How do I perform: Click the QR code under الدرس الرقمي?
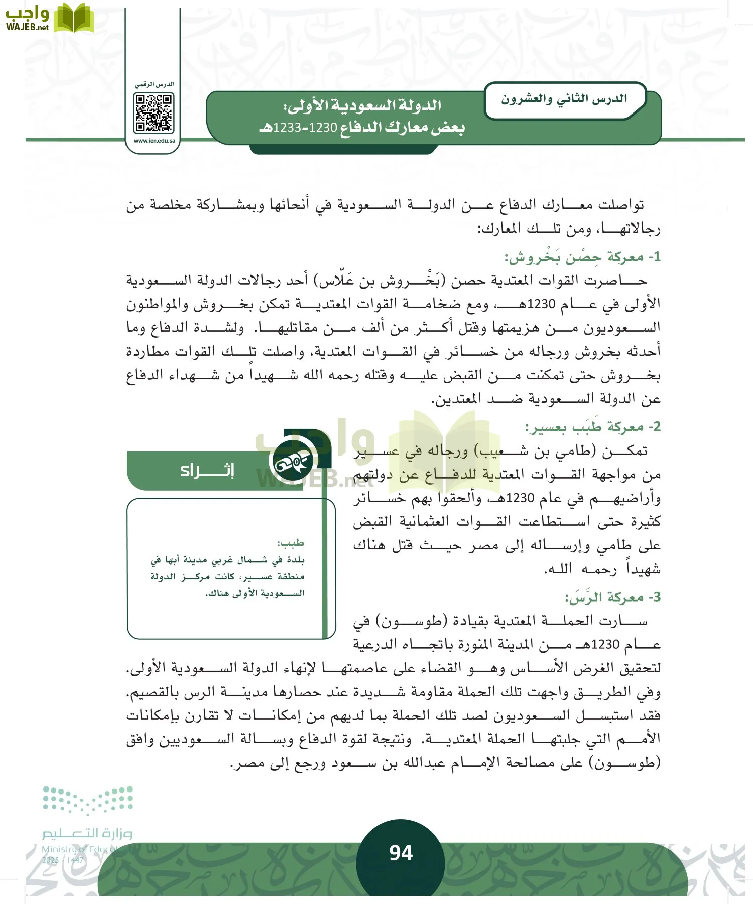coord(154,114)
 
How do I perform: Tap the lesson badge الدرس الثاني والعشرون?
coord(564,99)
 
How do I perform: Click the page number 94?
coord(401,853)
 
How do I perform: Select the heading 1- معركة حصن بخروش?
coord(582,257)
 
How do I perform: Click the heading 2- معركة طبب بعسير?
coord(592,427)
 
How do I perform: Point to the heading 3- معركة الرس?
coord(612,598)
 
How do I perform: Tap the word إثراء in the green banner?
coord(207,470)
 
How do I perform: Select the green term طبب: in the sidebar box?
coord(291,543)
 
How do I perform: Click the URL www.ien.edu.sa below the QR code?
coord(154,141)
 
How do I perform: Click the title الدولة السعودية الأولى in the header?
coord(362,106)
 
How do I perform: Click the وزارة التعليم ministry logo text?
coord(86,834)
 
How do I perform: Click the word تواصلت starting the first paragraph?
coord(618,205)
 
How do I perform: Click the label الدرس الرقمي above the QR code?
coord(154,84)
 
